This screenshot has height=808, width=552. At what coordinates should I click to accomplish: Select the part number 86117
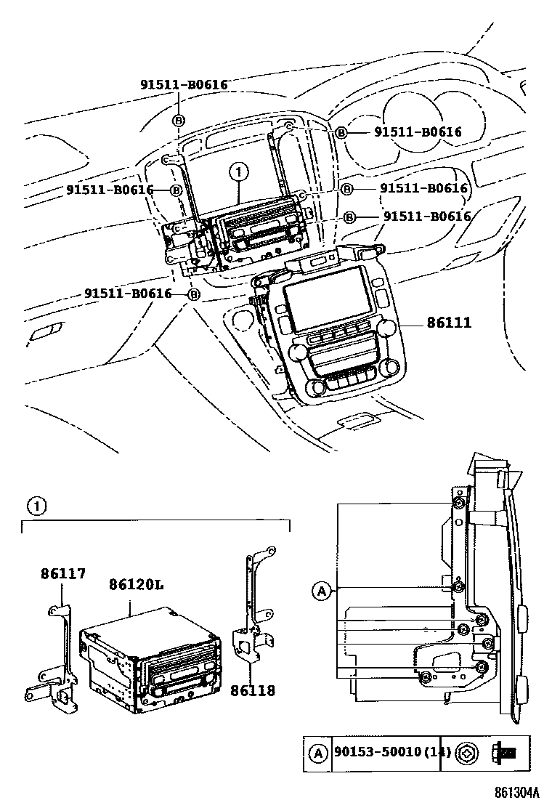pyautogui.click(x=62, y=574)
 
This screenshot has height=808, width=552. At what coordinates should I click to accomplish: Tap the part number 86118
pyautogui.click(x=253, y=691)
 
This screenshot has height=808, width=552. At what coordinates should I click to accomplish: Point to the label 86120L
pyautogui.click(x=135, y=585)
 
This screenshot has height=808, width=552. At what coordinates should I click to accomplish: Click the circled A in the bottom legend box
pyautogui.click(x=318, y=754)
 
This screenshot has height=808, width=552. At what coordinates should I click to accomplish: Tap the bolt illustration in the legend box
pyautogui.click(x=503, y=754)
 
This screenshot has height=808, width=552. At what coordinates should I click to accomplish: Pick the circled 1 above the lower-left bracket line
pyautogui.click(x=37, y=504)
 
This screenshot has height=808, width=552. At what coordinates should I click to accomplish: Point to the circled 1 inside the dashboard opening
pyautogui.click(x=237, y=173)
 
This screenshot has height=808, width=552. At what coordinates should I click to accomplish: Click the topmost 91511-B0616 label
pyautogui.click(x=184, y=85)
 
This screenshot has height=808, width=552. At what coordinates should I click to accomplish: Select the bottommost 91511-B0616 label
pyautogui.click(x=128, y=294)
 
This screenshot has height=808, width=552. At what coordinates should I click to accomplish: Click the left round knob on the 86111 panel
pyautogui.click(x=297, y=352)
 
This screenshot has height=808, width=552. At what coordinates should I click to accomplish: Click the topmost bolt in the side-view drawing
pyautogui.click(x=458, y=505)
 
